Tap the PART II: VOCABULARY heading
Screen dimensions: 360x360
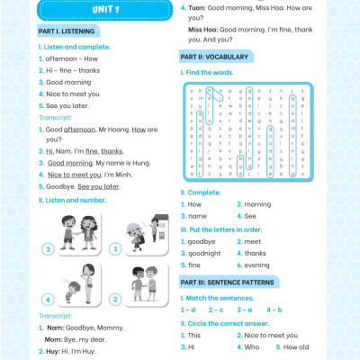216,57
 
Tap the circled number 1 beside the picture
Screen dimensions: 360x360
114,248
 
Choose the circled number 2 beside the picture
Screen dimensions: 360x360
114,299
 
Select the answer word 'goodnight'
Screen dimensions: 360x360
209,254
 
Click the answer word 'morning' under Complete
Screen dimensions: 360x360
257,204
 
